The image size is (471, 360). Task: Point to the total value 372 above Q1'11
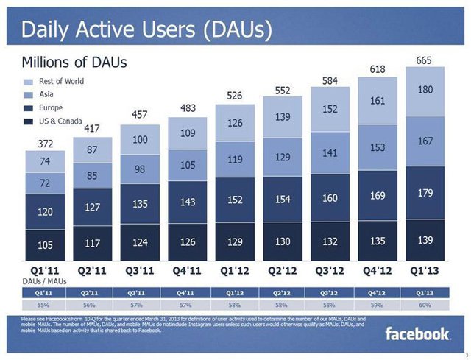click(45, 144)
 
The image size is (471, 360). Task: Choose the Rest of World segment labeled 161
click(378, 101)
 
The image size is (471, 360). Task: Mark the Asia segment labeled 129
click(283, 158)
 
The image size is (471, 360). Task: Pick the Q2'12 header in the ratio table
click(283, 292)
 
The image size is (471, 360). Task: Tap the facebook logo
click(417, 334)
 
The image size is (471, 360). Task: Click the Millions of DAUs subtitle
click(74, 61)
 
